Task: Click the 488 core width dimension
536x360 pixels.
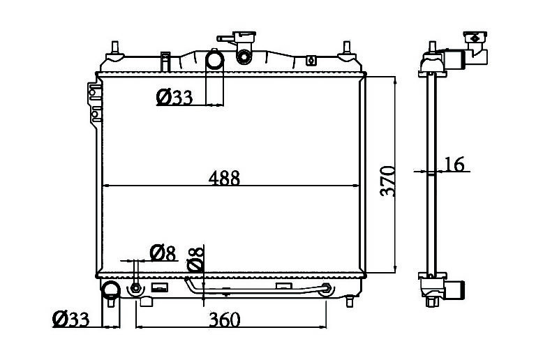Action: (x=224, y=178)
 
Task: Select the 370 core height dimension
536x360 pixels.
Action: (x=387, y=181)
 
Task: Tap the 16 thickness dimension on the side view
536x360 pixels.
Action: (x=454, y=164)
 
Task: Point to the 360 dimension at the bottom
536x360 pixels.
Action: (x=225, y=320)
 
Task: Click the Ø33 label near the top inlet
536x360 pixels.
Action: (x=174, y=97)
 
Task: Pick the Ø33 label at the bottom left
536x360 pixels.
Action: (x=70, y=319)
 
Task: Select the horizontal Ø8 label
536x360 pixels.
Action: (x=163, y=253)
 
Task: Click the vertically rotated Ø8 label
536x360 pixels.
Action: (x=195, y=260)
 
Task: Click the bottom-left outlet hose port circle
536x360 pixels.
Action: (x=111, y=290)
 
